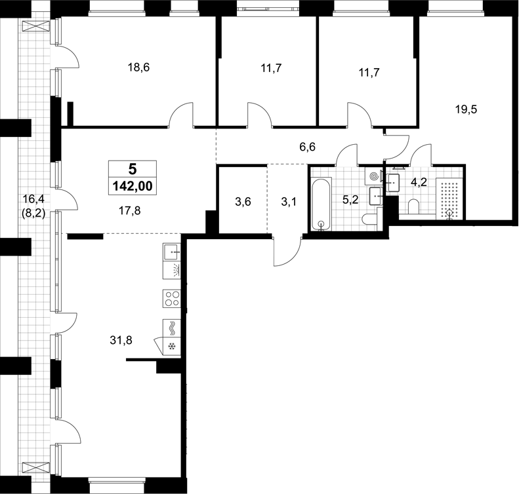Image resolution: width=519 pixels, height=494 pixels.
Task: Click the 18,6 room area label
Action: [x=138, y=67]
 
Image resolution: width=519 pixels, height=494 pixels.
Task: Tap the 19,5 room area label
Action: [x=466, y=109]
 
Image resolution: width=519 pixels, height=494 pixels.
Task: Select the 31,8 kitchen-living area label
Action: [x=121, y=340]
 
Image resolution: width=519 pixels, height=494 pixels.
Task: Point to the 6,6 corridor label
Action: [x=308, y=147]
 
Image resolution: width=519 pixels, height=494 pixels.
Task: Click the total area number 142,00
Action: [x=133, y=186]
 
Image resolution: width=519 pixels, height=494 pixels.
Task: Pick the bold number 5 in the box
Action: [x=133, y=169]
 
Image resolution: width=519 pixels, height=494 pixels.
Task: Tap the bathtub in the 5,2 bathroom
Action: [x=321, y=204]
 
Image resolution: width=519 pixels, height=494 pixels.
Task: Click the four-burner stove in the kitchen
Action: [x=172, y=298]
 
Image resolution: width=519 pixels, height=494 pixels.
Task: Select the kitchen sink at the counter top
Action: [x=172, y=252]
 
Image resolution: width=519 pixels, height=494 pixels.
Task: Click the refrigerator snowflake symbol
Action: [x=172, y=347]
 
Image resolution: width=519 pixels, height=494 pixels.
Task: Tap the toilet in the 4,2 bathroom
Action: [x=413, y=206]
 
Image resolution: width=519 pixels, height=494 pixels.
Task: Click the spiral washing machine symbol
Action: [x=374, y=176]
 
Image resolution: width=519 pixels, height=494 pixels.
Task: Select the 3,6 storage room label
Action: [x=243, y=202]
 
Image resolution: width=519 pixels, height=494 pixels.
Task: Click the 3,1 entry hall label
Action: [x=289, y=202]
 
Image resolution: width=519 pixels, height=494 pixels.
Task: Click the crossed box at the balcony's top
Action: [x=35, y=26]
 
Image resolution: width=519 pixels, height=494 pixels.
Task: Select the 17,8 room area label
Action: [x=129, y=210]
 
